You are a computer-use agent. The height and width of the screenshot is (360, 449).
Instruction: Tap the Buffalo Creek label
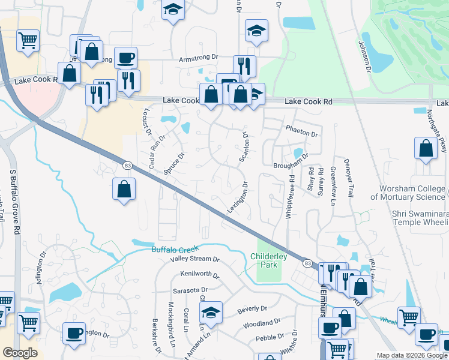[x=174, y=249]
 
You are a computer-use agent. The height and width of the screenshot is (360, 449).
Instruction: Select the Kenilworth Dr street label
[x=199, y=274]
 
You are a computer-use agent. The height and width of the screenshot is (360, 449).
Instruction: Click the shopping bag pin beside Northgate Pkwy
[x=426, y=149]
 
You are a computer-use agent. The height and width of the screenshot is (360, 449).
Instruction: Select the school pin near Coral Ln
[x=211, y=312]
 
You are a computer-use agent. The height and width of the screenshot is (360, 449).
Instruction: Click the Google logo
[x=20, y=353]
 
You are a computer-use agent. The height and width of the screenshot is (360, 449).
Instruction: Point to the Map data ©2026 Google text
[x=412, y=355]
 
